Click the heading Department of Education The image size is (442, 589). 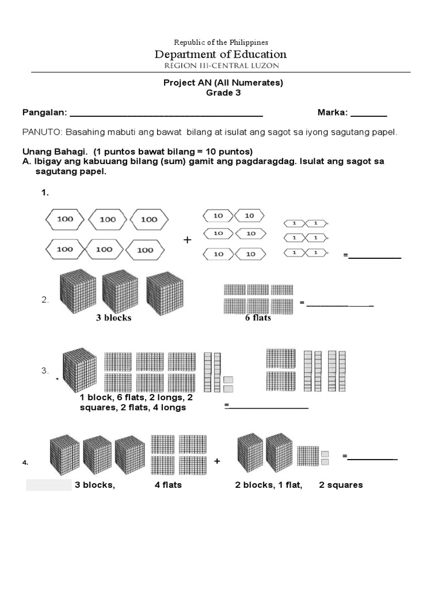(220, 55)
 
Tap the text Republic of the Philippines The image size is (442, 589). (221, 43)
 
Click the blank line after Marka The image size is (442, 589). (369, 114)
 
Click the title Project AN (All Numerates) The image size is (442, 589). (224, 83)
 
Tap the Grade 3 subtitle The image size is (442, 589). (223, 93)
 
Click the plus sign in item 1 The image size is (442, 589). (187, 240)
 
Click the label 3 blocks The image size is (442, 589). (113, 318)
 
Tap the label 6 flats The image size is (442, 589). (258, 318)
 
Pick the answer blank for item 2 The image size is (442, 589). (340, 304)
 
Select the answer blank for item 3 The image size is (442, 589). (268, 408)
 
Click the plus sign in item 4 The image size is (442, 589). (217, 461)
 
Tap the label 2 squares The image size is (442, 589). (341, 485)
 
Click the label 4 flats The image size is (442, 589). (168, 485)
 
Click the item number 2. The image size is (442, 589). (44, 300)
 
